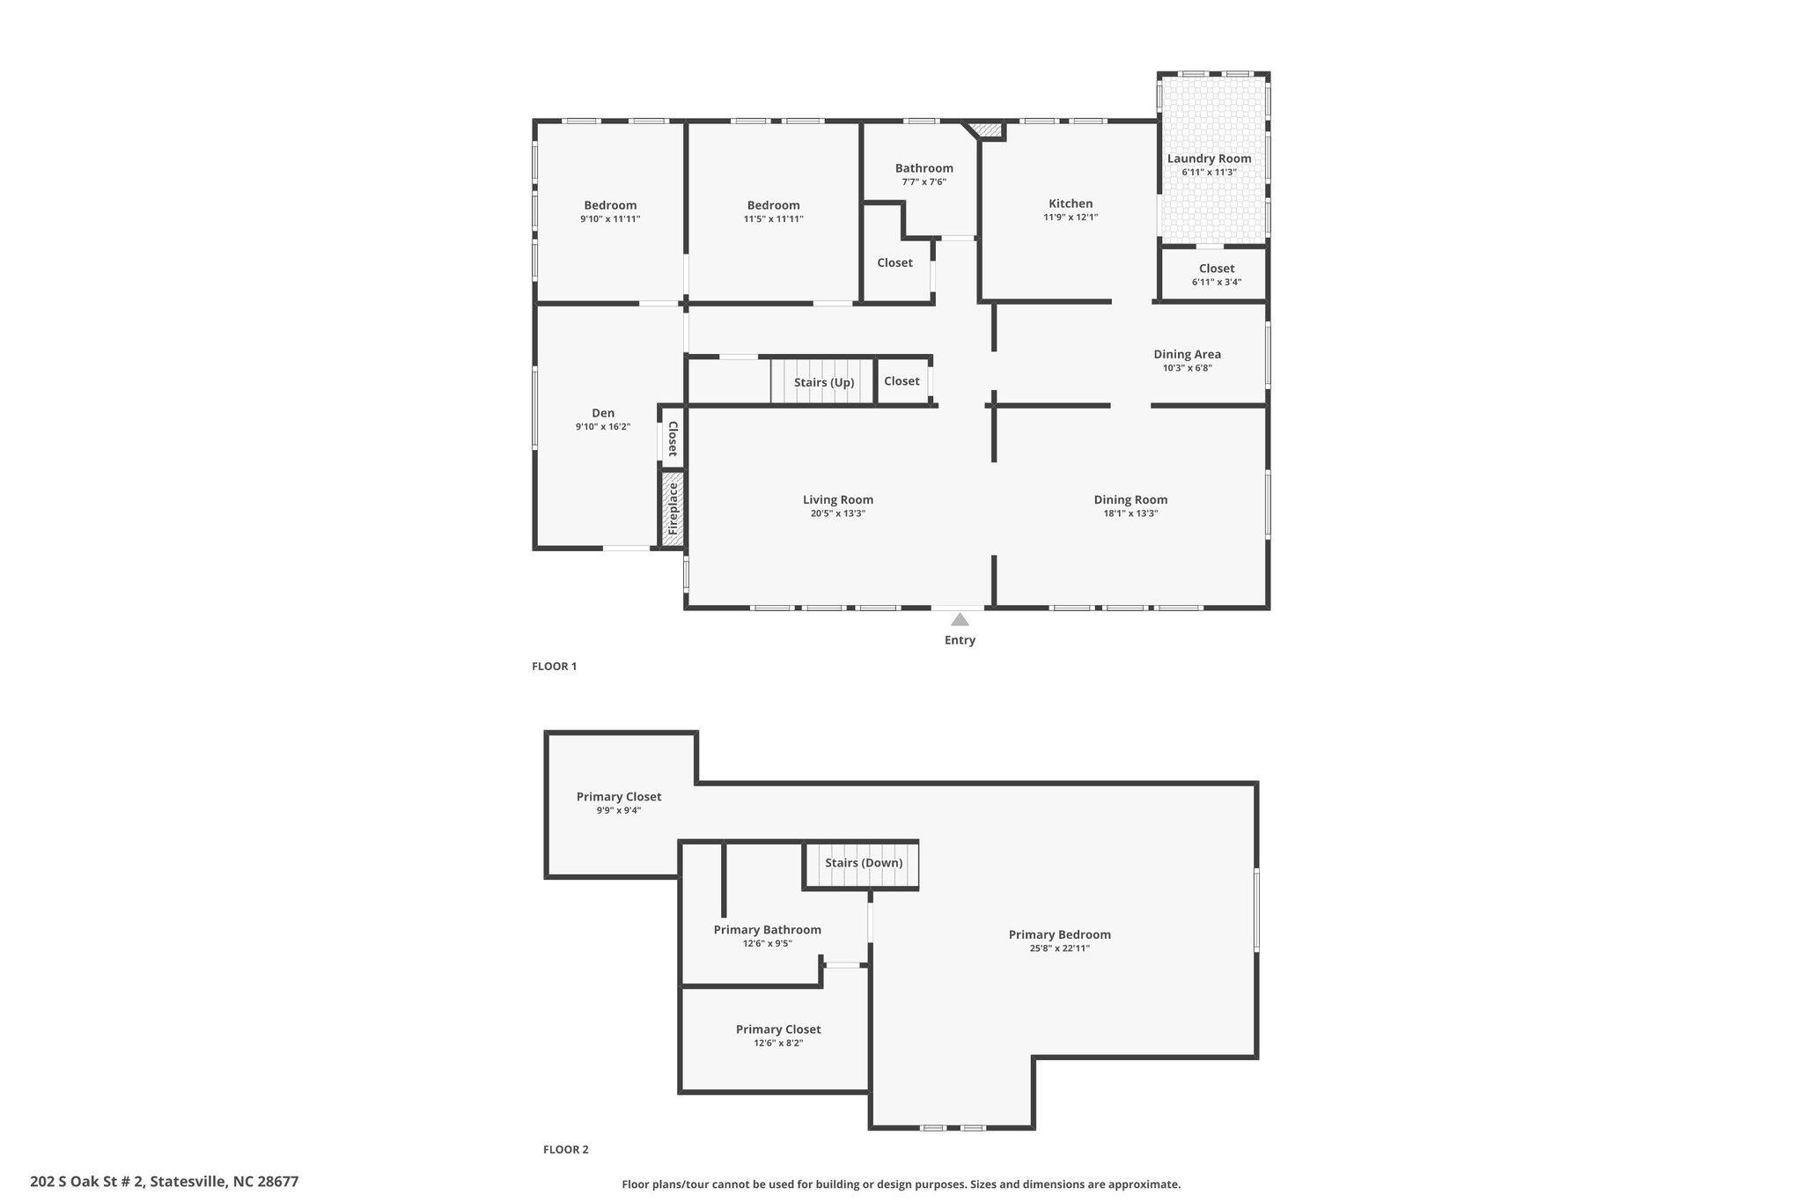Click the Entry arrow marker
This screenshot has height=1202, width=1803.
pos(960,619)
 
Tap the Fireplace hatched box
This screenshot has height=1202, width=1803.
pos(673,509)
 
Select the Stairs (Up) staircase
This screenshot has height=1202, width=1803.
pos(822,381)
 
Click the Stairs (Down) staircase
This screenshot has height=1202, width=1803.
pos(863,863)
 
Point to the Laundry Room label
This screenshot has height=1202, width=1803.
pos(1209,159)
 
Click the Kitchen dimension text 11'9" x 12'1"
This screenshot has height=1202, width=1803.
pos(1071,218)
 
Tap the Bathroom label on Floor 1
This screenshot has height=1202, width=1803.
pos(924,168)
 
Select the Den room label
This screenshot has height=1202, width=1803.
pos(603,413)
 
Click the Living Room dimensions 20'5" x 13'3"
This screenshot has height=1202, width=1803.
pos(838,513)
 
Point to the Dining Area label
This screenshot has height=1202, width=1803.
pos(1187,354)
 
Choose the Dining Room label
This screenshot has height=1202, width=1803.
pos(1130,499)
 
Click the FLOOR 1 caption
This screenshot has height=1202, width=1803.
pos(554,667)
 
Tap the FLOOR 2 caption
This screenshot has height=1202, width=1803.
pos(565,1149)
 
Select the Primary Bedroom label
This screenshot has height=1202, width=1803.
pos(1059,934)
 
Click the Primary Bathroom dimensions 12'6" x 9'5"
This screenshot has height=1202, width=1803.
pos(767,944)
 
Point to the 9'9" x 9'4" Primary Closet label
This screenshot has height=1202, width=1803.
pos(618,810)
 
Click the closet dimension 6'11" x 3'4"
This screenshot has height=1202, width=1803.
pos(1216,283)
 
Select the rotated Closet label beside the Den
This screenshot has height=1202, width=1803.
pos(673,439)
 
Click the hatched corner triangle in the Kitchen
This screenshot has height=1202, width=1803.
pos(989,129)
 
